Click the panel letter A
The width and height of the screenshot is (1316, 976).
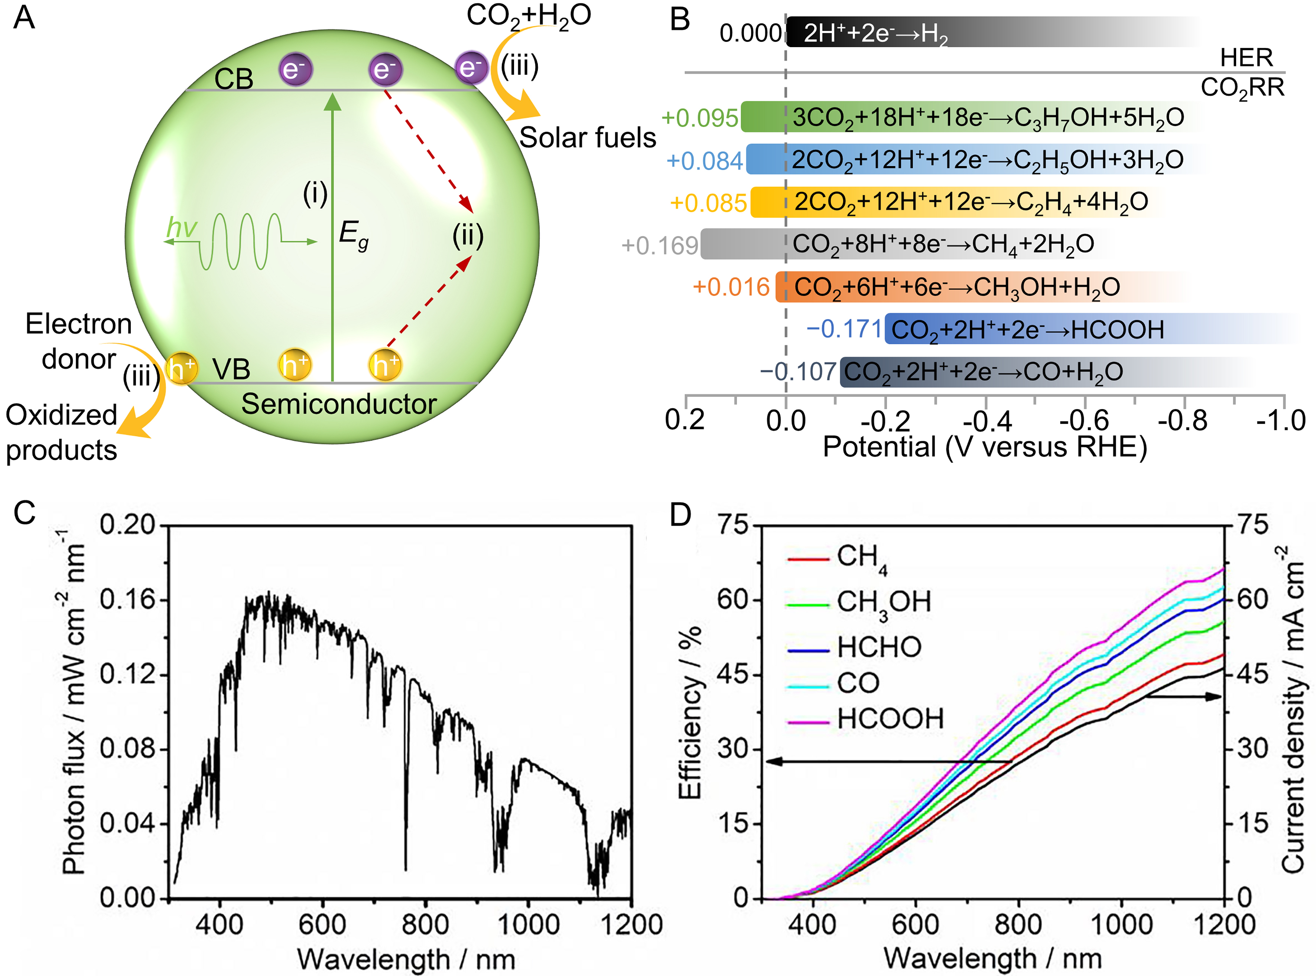(24, 18)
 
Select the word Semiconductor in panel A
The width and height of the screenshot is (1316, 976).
(339, 404)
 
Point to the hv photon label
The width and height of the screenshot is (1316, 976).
(181, 228)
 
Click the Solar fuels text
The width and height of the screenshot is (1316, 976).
(587, 138)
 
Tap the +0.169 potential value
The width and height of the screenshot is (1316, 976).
(659, 245)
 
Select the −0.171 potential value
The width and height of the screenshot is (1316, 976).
(844, 329)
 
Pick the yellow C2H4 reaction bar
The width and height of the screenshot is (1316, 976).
(957, 202)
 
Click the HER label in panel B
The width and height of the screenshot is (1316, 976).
(1246, 58)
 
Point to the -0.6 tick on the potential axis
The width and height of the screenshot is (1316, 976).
(1084, 421)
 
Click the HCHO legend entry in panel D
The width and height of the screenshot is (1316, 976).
(879, 647)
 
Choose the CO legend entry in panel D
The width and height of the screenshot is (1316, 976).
(858, 683)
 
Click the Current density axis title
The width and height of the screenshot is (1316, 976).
(1293, 709)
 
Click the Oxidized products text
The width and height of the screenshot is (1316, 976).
(61, 432)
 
